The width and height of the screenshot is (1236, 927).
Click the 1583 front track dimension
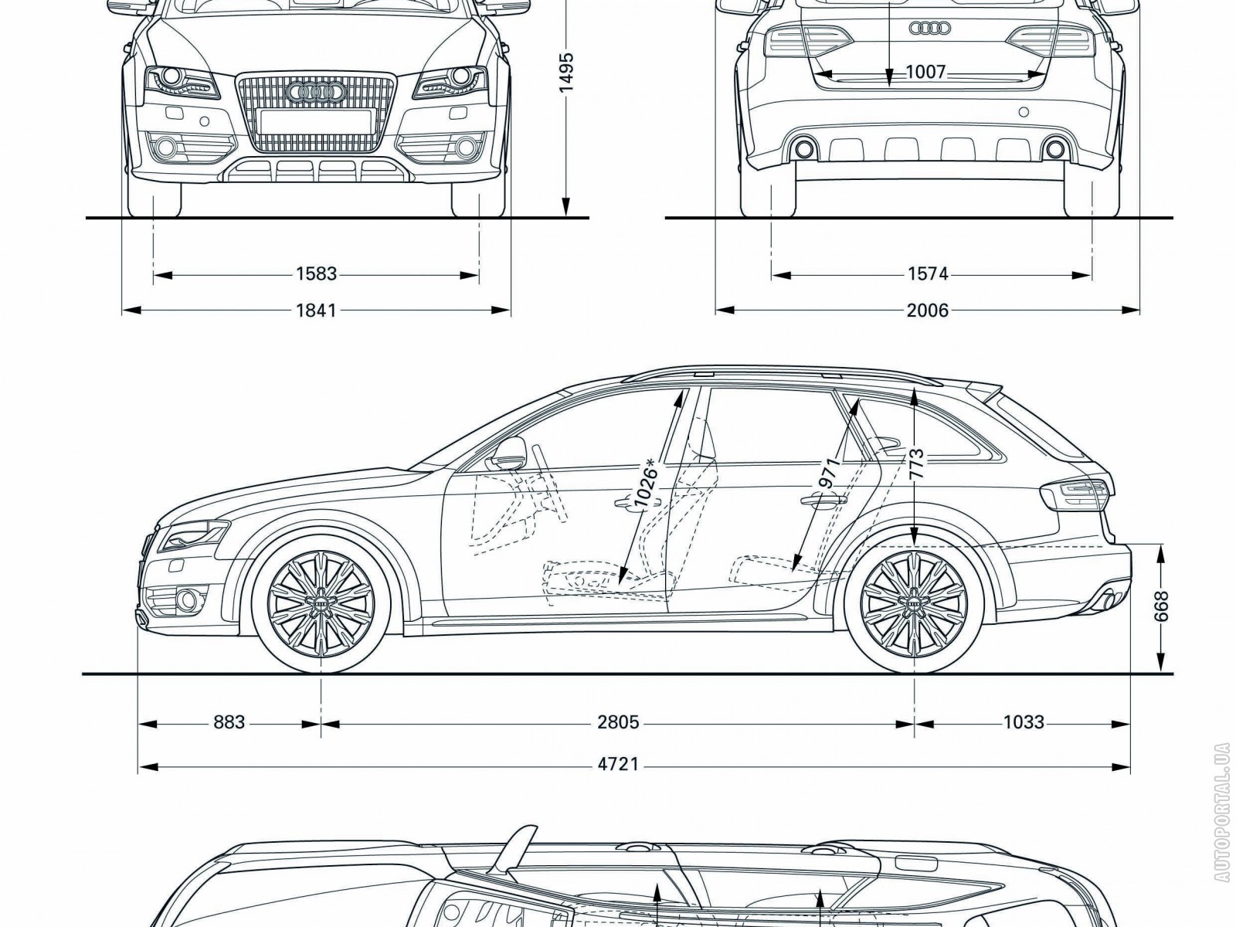316,273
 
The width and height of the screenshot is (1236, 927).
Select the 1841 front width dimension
316,311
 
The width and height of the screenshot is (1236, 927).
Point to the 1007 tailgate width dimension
925,73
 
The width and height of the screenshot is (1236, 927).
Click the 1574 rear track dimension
928,273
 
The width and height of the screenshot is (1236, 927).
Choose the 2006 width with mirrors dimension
928,311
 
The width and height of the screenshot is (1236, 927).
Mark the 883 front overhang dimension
229,722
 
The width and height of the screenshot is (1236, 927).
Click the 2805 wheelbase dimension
618,722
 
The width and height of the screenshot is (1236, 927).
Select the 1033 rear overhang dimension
1023,722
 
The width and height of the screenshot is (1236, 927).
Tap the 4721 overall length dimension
618,764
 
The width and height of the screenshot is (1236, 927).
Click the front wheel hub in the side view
321,601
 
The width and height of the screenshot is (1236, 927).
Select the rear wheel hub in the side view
915,601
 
